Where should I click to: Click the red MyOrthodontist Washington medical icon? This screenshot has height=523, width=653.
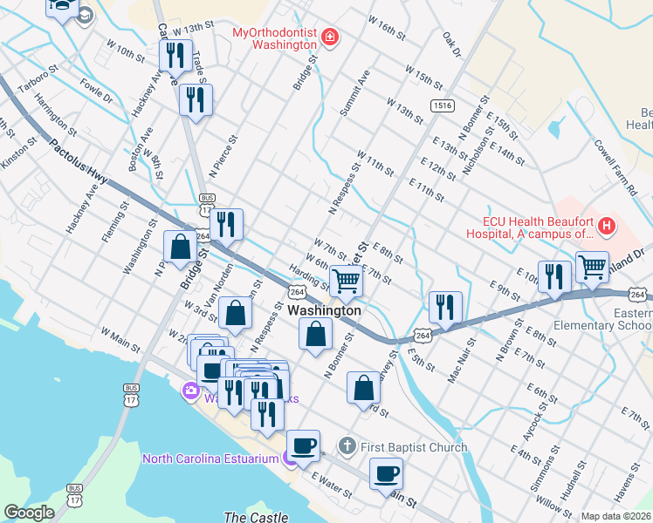330,37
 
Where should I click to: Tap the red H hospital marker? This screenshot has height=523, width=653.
606,228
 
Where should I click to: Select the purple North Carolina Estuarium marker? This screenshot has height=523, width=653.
289,458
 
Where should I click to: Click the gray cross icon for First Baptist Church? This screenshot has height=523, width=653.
347,447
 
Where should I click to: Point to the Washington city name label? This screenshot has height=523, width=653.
324,310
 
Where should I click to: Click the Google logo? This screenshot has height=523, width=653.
29,513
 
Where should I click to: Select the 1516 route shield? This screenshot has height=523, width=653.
441,105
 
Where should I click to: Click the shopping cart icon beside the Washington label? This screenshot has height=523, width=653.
346,281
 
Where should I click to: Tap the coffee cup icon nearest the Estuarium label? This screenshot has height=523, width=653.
303,445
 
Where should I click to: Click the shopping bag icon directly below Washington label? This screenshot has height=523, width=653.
315,334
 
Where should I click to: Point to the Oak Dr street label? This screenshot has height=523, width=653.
450,45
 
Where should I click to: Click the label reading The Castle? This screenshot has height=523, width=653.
250,517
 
